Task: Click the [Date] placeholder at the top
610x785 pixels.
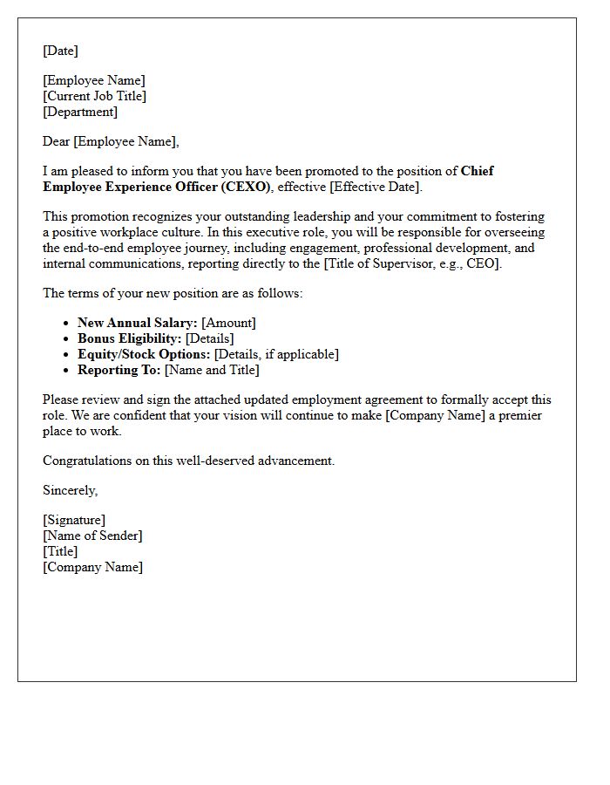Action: pos(60,51)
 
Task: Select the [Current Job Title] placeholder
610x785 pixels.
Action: pos(94,96)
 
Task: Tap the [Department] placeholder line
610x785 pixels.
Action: pos(80,112)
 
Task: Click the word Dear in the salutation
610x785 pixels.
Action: pos(56,141)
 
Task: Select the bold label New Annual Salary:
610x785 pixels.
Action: pos(137,323)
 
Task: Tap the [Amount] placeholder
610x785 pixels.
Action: pos(228,323)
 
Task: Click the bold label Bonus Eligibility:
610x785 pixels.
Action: pos(130,338)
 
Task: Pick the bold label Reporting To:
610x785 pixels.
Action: pos(119,370)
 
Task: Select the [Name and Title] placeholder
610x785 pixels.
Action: pos(212,370)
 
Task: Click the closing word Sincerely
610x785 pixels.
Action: pos(70,490)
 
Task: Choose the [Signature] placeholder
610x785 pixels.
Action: pos(74,520)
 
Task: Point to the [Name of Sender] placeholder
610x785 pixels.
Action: pos(92,536)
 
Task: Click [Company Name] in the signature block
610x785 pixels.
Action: pos(92,567)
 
